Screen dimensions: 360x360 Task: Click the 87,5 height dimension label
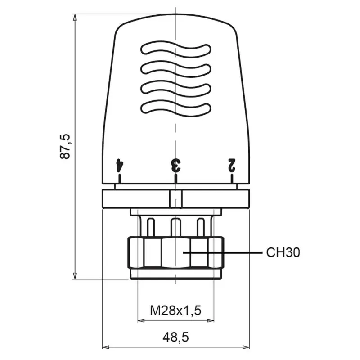click(x=64, y=146)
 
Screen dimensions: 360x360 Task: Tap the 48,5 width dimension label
click(x=175, y=337)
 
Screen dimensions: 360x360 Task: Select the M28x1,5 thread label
click(x=175, y=310)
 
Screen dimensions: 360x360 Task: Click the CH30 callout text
click(x=283, y=252)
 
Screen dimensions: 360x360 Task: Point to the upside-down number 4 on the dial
click(x=120, y=165)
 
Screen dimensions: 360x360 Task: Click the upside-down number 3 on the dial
click(x=176, y=165)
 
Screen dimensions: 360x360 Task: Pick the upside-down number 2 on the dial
click(x=232, y=165)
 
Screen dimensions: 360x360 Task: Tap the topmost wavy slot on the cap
click(x=175, y=49)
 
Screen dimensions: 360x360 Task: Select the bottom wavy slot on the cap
click(x=175, y=108)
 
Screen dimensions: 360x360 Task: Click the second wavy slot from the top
click(x=175, y=69)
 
